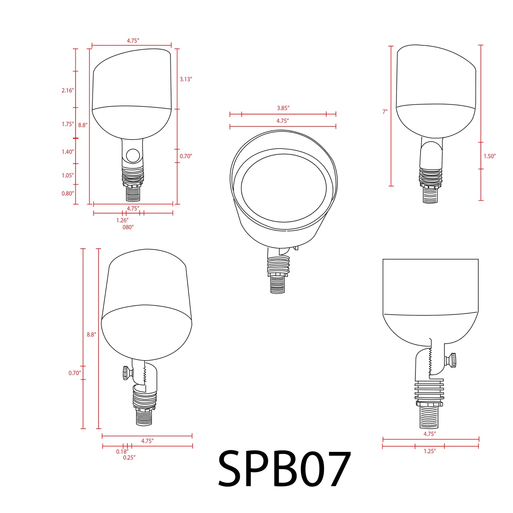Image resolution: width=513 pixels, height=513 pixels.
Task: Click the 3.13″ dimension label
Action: [x=186, y=79]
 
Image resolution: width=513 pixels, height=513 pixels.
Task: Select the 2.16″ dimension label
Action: [x=67, y=91]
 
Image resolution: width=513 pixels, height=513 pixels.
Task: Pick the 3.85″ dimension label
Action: [x=283, y=108]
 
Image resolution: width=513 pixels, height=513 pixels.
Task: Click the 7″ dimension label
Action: [x=385, y=112]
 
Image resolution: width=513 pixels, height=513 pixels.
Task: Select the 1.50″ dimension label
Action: [x=490, y=156]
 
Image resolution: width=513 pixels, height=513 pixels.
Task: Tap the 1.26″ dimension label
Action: [x=122, y=220]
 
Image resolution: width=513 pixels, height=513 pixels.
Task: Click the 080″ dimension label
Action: [x=128, y=227]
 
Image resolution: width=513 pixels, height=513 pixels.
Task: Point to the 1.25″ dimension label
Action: [x=430, y=451]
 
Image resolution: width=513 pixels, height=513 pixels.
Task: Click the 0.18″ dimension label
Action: [x=122, y=452]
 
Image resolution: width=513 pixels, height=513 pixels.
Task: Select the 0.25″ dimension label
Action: [x=129, y=458]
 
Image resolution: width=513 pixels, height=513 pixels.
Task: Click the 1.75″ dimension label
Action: [x=67, y=124]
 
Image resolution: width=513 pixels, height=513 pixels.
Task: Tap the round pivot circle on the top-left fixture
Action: [x=133, y=155]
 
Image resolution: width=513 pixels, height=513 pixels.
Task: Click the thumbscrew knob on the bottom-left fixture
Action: [x=126, y=373]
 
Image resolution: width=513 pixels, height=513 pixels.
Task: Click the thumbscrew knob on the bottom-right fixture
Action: [x=452, y=360]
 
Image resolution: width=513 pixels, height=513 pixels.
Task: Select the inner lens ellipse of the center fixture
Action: [x=284, y=188]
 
